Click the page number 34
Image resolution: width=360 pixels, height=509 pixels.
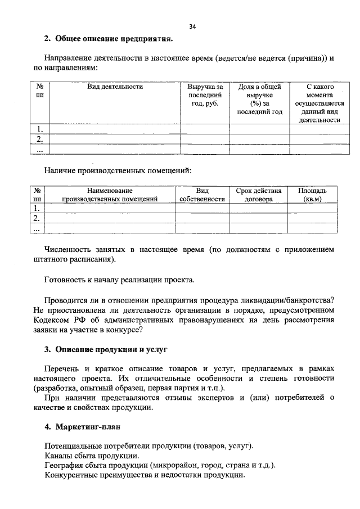point(192,26)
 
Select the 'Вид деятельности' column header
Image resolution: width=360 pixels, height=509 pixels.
point(115,87)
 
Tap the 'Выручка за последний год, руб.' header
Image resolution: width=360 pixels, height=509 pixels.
point(205,95)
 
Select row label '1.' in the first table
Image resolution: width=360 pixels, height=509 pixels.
point(40,129)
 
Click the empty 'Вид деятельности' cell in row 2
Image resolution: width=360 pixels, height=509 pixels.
point(115,139)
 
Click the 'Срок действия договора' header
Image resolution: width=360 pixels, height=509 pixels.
point(259,195)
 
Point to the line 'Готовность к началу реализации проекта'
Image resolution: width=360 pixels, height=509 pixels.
point(120,280)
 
